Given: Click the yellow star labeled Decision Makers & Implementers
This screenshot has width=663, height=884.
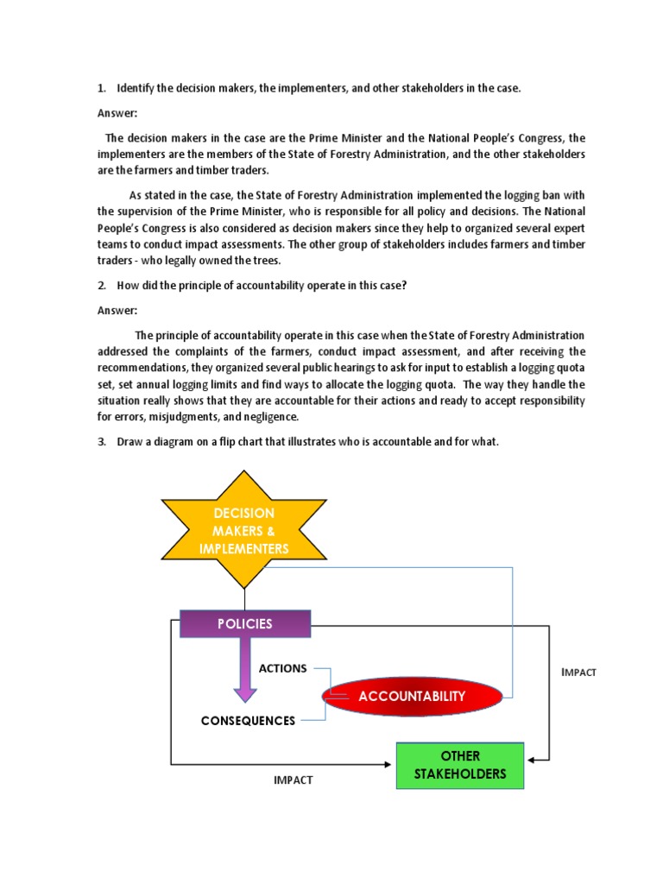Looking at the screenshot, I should [x=244, y=530].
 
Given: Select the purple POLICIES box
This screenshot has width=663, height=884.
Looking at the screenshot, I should [x=244, y=623].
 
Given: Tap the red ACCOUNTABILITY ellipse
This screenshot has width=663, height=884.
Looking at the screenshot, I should [x=412, y=696].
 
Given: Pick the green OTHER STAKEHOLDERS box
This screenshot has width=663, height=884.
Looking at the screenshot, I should [x=460, y=765].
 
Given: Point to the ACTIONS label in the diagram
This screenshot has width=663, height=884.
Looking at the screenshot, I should [x=282, y=668].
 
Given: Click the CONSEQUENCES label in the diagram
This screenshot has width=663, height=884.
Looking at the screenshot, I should [x=248, y=721].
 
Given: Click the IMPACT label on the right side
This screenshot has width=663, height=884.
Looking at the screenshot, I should [x=578, y=672].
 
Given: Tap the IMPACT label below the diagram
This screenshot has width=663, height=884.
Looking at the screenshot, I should [x=294, y=780].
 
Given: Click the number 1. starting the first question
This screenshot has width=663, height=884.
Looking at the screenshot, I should [x=101, y=88].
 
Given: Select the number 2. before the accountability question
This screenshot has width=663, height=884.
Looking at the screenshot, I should [x=101, y=286].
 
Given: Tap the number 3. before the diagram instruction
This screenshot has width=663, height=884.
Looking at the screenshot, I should [x=101, y=442].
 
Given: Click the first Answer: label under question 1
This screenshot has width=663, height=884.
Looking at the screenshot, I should [x=117, y=113].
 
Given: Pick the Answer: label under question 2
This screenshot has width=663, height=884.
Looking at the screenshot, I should [x=117, y=311].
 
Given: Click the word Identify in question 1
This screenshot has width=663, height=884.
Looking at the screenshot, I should [x=136, y=88].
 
